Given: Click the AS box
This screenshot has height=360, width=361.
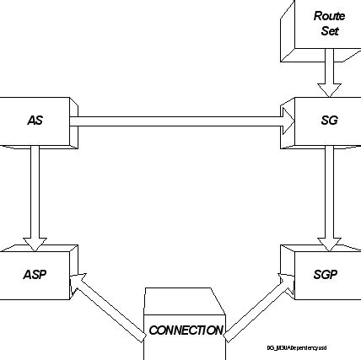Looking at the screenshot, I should pyautogui.click(x=35, y=121).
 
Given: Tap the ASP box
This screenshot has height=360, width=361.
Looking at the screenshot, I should pyautogui.click(x=35, y=274).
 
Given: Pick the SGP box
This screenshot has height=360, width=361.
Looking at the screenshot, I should pyautogui.click(x=324, y=274).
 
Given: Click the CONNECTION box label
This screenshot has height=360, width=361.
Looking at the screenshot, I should pyautogui.click(x=186, y=330).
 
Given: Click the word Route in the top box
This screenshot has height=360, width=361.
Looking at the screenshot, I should pyautogui.click(x=329, y=16).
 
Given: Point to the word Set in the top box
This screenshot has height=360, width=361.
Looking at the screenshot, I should pyautogui.click(x=329, y=31).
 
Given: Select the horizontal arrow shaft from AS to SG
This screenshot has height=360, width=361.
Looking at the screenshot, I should pyautogui.click(x=177, y=121).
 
